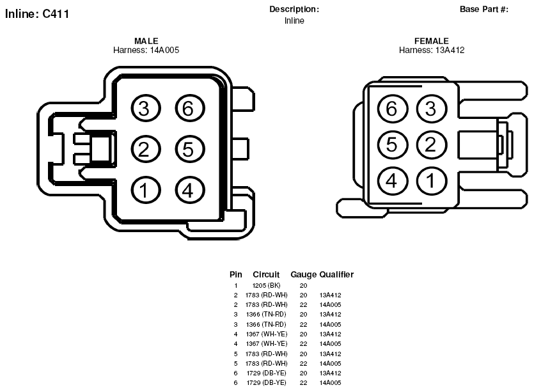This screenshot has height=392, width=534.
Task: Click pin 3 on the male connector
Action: [x=145, y=109]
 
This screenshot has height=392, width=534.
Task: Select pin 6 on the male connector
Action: [x=190, y=109]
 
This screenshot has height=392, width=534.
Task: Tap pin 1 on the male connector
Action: [x=145, y=190]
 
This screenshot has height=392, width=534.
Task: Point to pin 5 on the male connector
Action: [x=190, y=149]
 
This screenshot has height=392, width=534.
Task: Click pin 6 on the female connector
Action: [x=392, y=109]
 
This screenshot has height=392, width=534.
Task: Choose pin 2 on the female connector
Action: [x=432, y=145]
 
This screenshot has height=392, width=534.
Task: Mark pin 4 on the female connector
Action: [x=392, y=180]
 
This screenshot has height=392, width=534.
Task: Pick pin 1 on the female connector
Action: [x=432, y=180]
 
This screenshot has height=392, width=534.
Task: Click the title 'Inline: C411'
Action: [x=37, y=14]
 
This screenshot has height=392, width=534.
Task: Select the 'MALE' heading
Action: [x=146, y=41]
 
